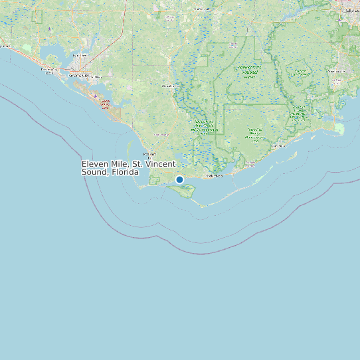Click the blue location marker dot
click(179, 179)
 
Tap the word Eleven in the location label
click(95, 163)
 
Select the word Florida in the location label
click(126, 172)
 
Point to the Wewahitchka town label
click(171, 86)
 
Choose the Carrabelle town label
click(250, 162)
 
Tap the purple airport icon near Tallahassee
click(341, 19)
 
